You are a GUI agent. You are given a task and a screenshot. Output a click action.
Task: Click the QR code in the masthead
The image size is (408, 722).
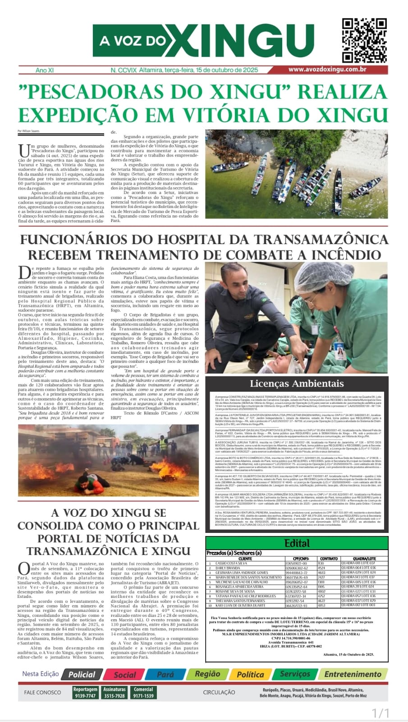(364, 41)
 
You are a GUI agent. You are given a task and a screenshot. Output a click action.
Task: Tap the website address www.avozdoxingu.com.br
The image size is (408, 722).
(327, 69)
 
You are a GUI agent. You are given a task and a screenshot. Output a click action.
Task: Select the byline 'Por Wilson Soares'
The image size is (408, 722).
(28, 131)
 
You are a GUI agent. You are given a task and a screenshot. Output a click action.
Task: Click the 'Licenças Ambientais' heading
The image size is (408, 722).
(297, 384)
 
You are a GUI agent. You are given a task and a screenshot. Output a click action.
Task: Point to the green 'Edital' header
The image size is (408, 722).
(297, 543)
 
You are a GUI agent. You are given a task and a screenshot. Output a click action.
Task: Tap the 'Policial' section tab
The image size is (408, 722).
(82, 674)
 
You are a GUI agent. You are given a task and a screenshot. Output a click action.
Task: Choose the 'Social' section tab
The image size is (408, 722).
(124, 675)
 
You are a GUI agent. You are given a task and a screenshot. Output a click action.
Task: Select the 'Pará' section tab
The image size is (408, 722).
(165, 675)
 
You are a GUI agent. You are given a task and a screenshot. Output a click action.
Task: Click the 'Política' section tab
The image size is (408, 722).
(250, 674)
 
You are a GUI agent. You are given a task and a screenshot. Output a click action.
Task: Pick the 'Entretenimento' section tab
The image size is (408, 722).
(353, 674)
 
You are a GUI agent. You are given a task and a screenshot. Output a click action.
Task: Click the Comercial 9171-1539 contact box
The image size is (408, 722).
(143, 693)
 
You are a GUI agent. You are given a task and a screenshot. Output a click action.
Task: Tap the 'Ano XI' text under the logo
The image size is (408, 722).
(45, 70)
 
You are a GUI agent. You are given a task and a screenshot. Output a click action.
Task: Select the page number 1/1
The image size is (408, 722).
(380, 713)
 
